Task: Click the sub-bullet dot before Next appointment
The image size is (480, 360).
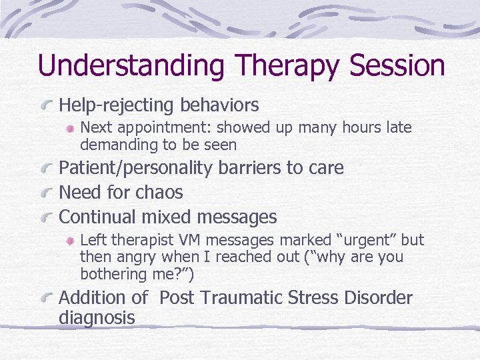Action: [71, 128]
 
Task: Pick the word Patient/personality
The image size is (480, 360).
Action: [136, 168]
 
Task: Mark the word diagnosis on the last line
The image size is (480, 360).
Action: [97, 317]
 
